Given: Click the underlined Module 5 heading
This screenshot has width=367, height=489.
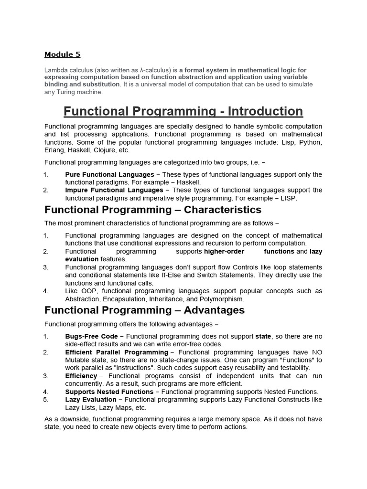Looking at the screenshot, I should [x=63, y=54].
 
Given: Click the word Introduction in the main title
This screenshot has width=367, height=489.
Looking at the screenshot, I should [x=265, y=112].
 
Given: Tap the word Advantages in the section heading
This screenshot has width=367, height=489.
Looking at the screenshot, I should [x=214, y=310].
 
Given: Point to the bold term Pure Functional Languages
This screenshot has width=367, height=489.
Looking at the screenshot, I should [x=109, y=175].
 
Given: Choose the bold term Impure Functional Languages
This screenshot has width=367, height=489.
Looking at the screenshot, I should [x=114, y=190].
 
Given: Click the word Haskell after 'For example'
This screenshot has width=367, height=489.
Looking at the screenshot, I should [x=189, y=182].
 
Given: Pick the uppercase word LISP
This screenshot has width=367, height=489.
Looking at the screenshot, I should [x=288, y=198].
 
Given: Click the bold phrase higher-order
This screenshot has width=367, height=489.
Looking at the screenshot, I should [x=224, y=251].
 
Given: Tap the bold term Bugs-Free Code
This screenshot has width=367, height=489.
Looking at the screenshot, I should [x=91, y=336].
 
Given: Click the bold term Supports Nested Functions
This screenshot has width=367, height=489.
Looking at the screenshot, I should [x=109, y=392].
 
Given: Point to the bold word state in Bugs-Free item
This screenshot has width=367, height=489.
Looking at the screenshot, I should [x=263, y=336].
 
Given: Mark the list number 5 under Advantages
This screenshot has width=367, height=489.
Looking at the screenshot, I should [x=46, y=400].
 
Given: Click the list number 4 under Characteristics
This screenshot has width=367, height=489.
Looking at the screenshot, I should [x=46, y=291].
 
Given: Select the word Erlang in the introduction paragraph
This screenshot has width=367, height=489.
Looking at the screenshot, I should [x=54, y=150].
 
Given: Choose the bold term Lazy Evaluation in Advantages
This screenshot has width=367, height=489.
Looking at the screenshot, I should [x=91, y=400].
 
